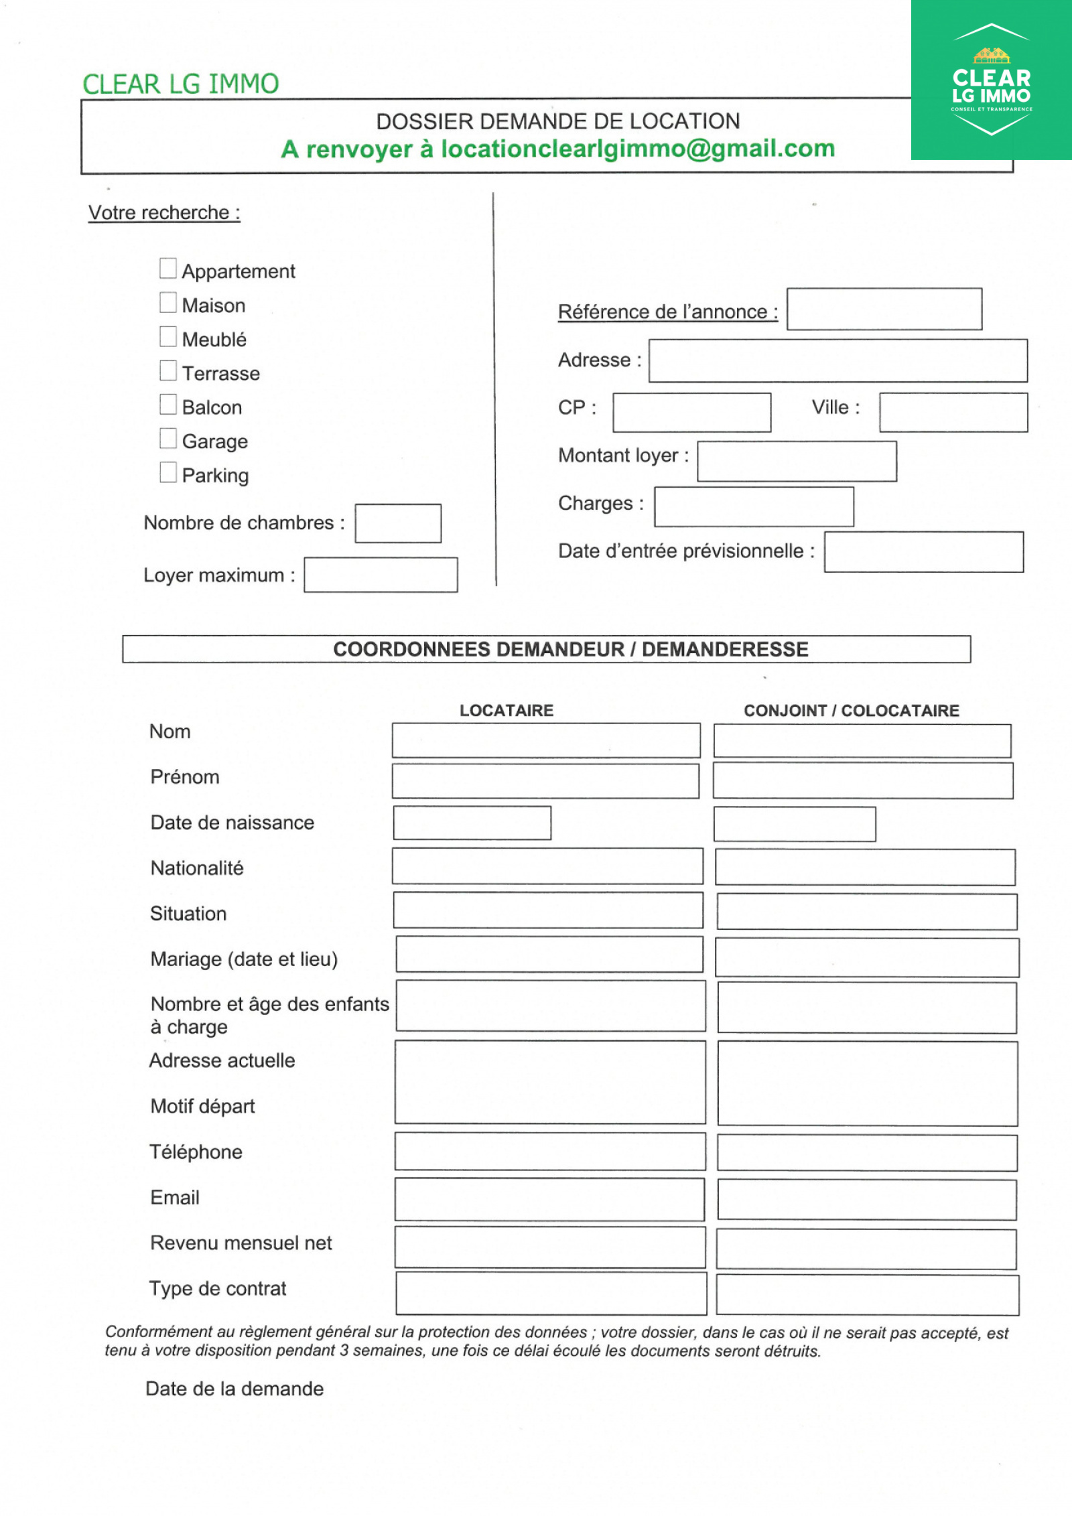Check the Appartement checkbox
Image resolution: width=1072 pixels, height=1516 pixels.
168,269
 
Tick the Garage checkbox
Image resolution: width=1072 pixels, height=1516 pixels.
168,439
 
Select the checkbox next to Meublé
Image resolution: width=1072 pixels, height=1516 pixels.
168,337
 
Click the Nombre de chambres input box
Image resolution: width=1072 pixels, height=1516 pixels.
398,523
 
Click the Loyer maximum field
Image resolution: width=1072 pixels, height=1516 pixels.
381,575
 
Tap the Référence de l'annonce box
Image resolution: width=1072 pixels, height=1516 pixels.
884,309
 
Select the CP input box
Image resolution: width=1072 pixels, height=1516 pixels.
691,413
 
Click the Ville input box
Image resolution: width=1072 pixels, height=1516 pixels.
953,413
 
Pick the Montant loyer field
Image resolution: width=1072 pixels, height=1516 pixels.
797,461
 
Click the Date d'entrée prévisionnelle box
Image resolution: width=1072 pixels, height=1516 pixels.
924,552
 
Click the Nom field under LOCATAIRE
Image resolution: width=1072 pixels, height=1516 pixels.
546,740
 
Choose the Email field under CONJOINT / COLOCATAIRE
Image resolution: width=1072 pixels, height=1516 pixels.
867,1200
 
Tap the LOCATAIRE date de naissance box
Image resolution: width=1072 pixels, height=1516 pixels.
472,823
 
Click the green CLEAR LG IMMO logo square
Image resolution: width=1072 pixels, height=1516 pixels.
992,80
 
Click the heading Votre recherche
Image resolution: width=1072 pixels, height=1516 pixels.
164,212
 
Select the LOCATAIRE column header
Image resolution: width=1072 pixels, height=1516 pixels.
507,711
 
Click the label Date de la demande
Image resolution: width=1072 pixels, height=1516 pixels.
234,1389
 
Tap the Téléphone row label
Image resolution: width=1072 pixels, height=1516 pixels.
196,1152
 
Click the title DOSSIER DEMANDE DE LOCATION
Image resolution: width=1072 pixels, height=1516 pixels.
557,121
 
